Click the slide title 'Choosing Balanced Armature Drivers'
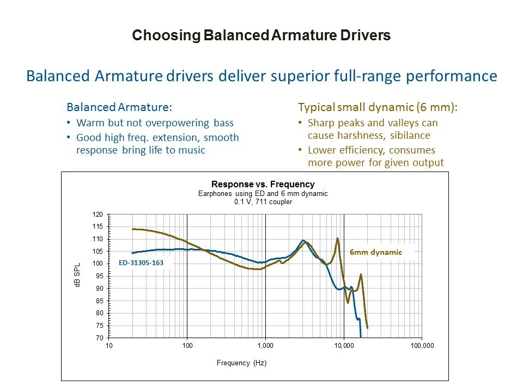pos(261,36)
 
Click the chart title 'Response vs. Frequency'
pos(263,184)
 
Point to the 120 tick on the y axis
pos(98,215)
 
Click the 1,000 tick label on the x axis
pos(265,346)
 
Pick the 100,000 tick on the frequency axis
pos(422,346)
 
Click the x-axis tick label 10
pos(109,346)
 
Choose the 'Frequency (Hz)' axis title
pos(241,363)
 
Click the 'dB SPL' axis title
pos(77,276)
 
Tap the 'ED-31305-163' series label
pos(141,262)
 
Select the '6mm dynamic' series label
pos(375,252)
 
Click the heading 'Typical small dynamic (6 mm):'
pos(378,107)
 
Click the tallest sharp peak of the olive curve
pos(338,238)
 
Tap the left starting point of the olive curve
pos(133,229)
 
